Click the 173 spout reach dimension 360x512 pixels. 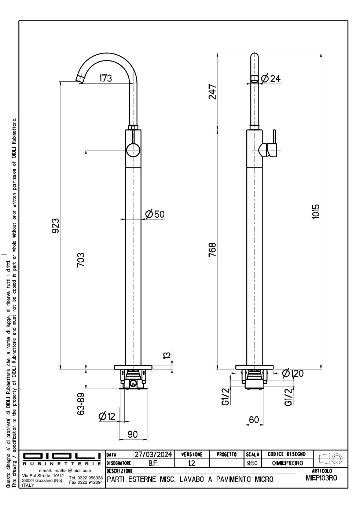(105, 78)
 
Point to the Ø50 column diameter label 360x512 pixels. (155, 214)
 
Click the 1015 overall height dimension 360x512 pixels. (316, 211)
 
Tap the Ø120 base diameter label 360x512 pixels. (293, 373)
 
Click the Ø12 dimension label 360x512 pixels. (107, 416)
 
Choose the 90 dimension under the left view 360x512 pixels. (133, 434)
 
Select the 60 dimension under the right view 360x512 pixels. (254, 420)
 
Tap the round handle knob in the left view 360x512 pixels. (133, 150)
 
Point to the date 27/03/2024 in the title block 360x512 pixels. (153, 454)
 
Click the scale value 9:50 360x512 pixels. (252, 463)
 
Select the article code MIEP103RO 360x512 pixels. (322, 478)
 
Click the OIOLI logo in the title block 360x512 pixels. (62, 456)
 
